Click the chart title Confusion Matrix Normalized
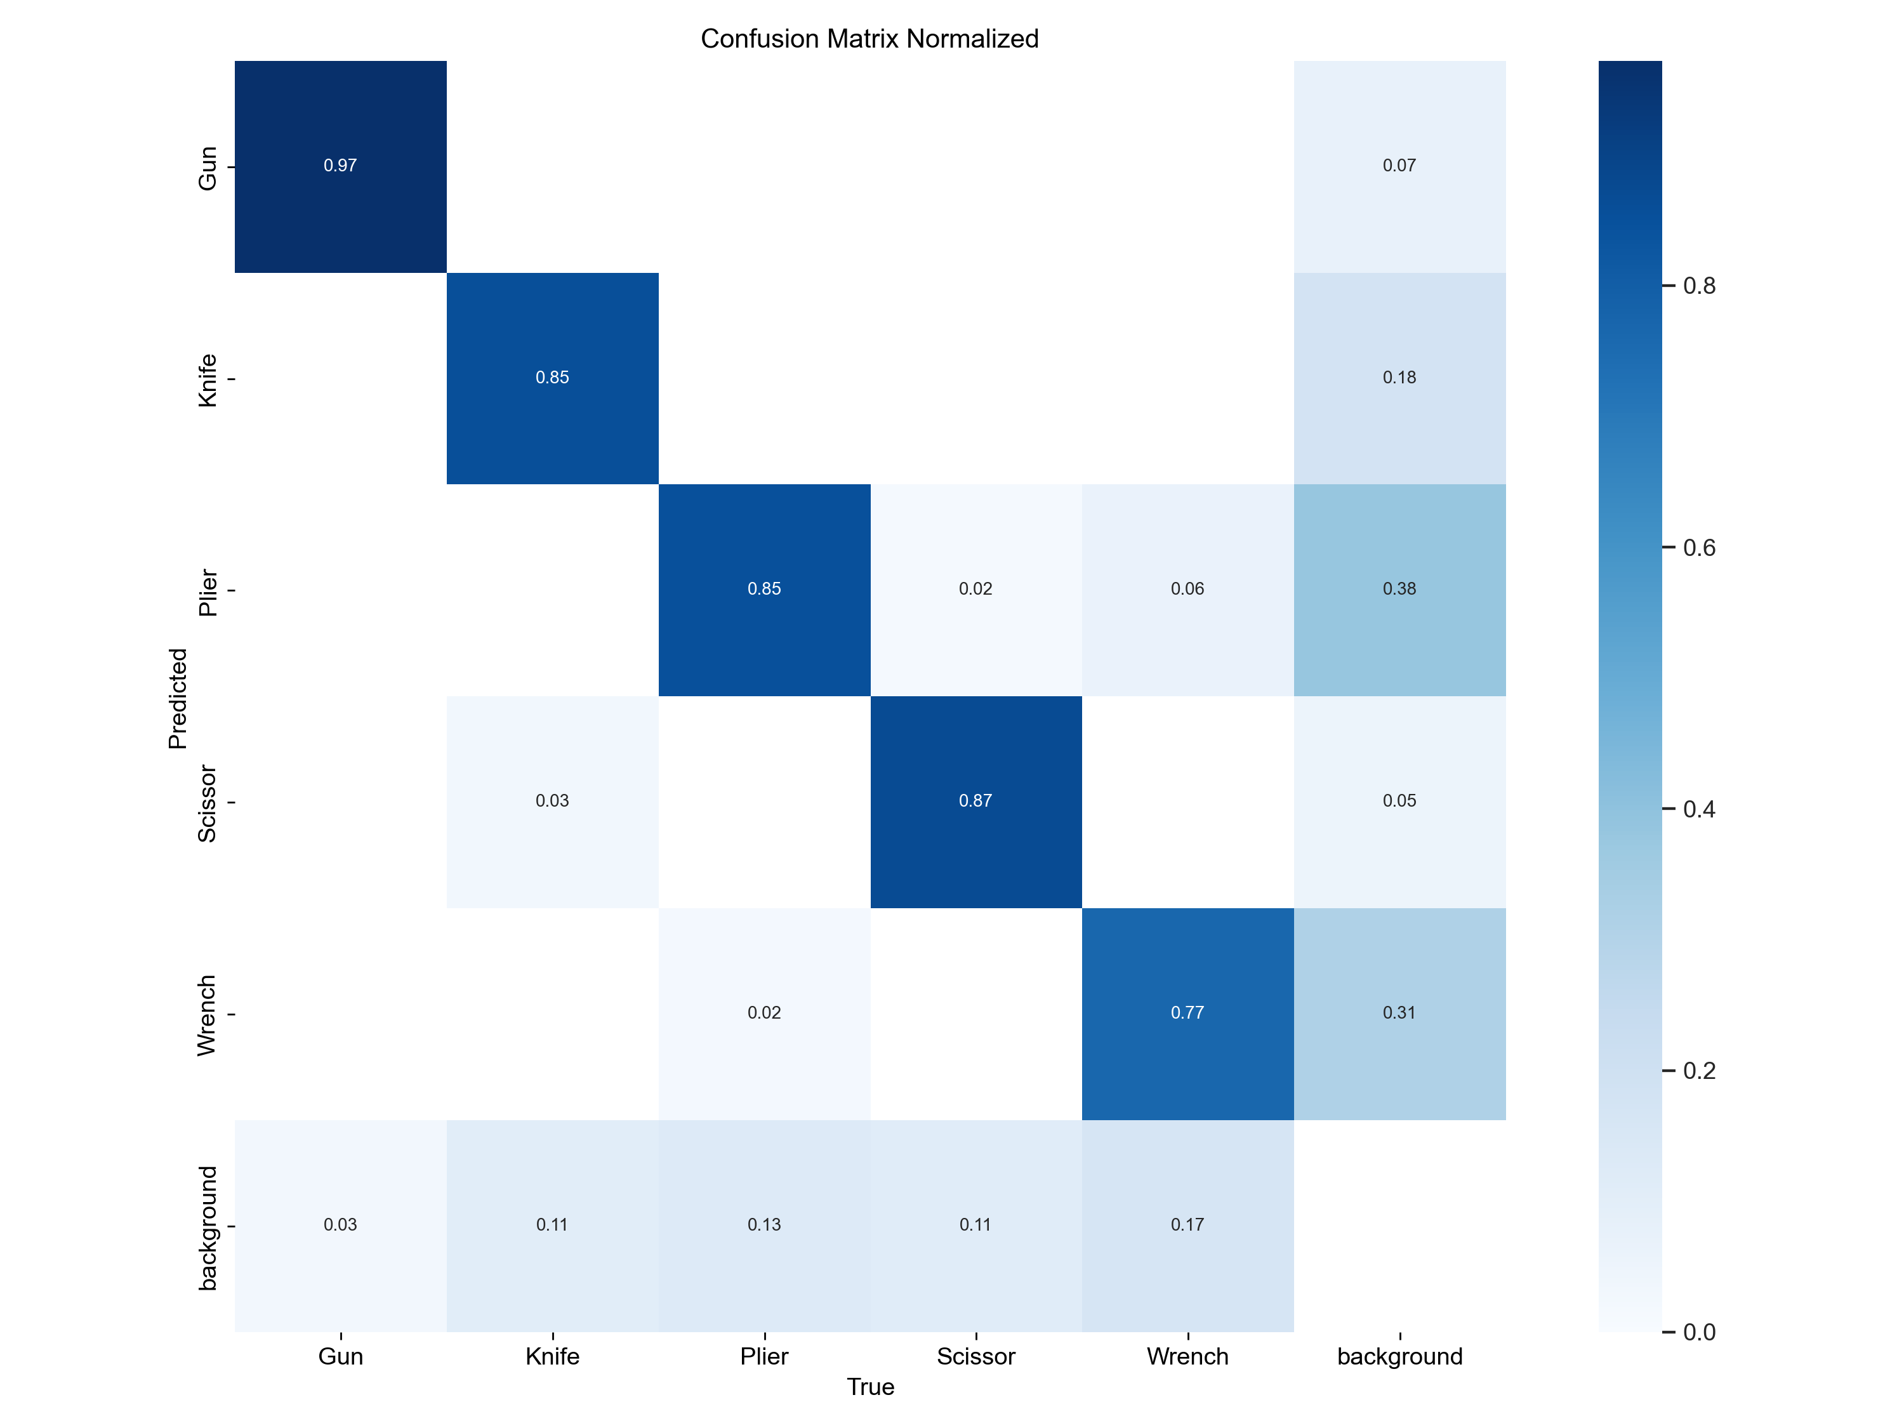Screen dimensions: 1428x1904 tap(869, 39)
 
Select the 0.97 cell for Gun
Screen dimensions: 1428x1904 tap(340, 165)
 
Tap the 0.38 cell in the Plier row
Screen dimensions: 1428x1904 tap(1399, 589)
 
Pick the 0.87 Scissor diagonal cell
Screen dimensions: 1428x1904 tap(975, 800)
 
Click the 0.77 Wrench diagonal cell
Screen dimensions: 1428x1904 tap(1187, 1012)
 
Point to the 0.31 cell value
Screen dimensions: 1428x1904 tap(1399, 1012)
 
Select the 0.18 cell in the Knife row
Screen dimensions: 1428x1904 tap(1399, 377)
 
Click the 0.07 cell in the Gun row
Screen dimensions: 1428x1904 tap(1399, 165)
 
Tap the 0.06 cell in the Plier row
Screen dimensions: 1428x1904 tap(1187, 589)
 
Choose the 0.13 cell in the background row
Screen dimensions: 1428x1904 tap(764, 1224)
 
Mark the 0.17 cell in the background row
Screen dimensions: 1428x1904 tap(1187, 1224)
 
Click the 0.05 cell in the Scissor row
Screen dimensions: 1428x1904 tap(1399, 800)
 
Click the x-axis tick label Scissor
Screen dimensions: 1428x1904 tap(975, 1356)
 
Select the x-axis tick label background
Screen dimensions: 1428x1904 tap(1399, 1356)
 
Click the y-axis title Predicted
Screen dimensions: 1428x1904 tap(177, 698)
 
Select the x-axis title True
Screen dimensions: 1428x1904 tap(870, 1387)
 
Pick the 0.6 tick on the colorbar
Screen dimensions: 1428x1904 tap(1698, 548)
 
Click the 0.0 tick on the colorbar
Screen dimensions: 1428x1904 tap(1698, 1332)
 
